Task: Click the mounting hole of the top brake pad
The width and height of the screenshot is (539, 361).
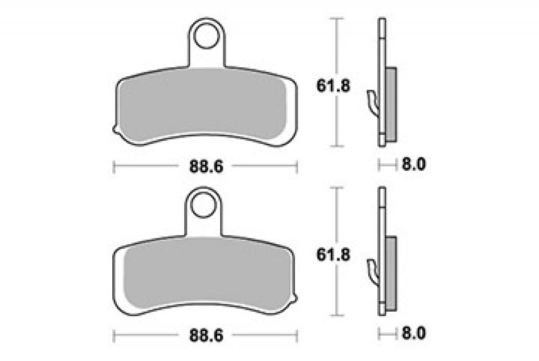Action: click(205, 35)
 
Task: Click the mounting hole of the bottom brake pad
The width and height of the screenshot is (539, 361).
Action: click(205, 205)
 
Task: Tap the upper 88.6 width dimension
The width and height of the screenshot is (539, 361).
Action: click(205, 166)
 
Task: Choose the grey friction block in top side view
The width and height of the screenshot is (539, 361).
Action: click(391, 104)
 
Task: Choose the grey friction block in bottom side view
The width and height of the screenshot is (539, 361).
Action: click(391, 274)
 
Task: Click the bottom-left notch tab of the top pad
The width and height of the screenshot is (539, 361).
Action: click(116, 131)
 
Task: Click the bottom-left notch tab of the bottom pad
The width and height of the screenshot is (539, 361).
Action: click(116, 301)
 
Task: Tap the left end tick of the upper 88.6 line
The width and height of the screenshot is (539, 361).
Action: click(114, 166)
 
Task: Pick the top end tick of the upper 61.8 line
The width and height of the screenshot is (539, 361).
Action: click(336, 19)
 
